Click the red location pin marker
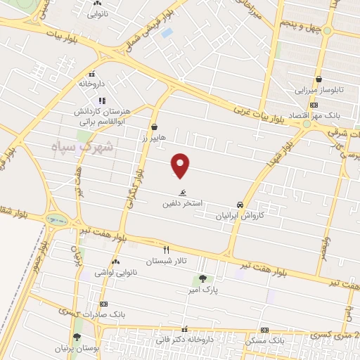181,165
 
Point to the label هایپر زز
153,139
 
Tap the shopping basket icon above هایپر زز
154,128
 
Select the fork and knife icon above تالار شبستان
167,250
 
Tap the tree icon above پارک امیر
203,278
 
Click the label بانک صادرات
103,314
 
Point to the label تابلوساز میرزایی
319,91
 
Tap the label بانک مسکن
266,340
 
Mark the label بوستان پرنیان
77,348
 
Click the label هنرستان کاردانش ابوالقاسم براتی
100,116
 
